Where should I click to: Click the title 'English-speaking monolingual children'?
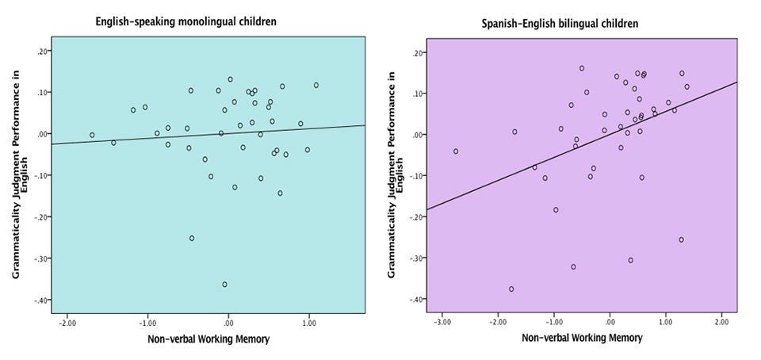pos(185,21)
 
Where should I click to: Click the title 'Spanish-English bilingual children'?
pos(560,23)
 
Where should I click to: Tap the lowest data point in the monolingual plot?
pos(224,285)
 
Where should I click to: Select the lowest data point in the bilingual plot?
pos(511,289)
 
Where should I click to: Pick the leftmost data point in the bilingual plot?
pos(456,151)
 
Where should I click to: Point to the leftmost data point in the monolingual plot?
pos(92,135)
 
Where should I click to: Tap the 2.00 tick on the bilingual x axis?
pos(721,322)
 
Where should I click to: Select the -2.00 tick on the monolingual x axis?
pos(67,323)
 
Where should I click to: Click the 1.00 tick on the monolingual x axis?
pos(308,323)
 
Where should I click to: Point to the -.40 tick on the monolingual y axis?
pos(42,301)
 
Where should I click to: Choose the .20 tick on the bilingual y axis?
pos(419,52)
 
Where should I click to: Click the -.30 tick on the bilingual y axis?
pos(417,259)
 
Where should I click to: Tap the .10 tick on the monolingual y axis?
pos(43,92)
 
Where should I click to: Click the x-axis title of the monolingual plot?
pos(208,339)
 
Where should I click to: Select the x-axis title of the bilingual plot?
pos(583,338)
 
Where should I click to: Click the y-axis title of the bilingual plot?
pos(396,174)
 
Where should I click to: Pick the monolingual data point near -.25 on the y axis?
pos(192,238)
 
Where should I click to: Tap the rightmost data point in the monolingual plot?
pos(316,86)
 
